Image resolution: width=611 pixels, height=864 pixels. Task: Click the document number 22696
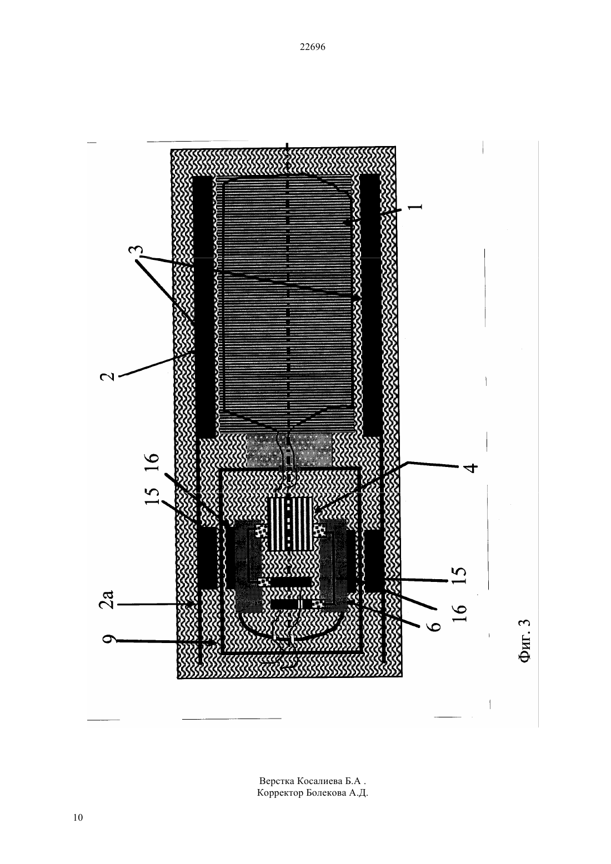[x=312, y=47]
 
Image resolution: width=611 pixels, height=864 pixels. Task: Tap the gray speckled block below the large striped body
[x=289, y=450]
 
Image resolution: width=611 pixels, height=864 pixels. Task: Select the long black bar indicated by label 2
[x=203, y=307]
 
